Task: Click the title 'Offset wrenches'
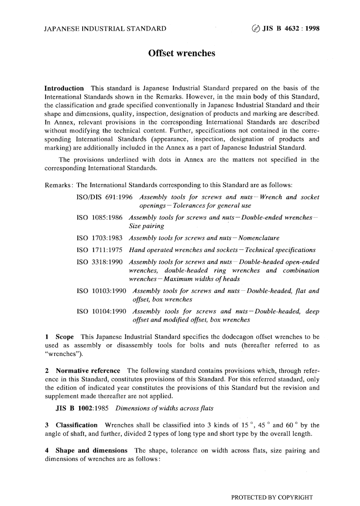point(182,53)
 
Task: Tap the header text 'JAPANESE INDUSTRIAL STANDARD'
point(105,28)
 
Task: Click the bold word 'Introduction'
point(64,88)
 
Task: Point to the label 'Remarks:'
point(59,185)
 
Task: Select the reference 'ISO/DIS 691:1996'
point(105,197)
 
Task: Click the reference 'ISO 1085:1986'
point(99,218)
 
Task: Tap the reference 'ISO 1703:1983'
point(99,238)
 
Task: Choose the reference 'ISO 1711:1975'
point(99,250)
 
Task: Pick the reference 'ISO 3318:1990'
point(99,262)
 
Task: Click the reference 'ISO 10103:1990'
point(101,291)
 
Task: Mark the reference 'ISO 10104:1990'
point(101,312)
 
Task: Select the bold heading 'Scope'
point(64,337)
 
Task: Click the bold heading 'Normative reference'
point(88,371)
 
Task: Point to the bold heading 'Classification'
point(77,425)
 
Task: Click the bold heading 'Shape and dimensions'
point(91,451)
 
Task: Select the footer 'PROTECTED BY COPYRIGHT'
point(272,497)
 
